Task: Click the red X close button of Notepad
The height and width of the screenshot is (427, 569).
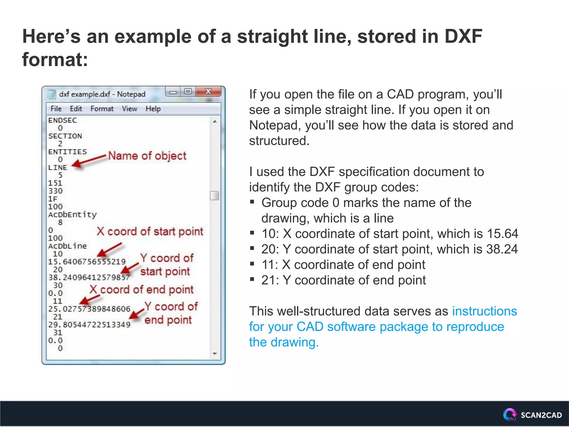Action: point(208,91)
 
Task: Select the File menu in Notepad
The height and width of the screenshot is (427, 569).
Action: point(56,109)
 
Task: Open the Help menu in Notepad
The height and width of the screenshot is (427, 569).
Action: point(153,109)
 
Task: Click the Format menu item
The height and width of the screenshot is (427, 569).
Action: point(102,109)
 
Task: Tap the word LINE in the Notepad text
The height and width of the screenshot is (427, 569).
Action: point(58,168)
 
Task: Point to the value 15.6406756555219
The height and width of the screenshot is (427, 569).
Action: point(87,262)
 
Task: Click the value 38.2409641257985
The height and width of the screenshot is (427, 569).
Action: point(89,277)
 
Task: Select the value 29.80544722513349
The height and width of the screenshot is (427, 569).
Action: point(89,325)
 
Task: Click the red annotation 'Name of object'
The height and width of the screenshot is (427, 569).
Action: point(147,156)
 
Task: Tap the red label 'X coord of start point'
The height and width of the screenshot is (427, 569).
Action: point(150,232)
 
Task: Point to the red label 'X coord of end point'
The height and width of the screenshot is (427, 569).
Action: point(141,290)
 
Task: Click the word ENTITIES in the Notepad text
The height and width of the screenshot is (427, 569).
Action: point(68,152)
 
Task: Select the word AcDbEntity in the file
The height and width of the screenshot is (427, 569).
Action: point(72,215)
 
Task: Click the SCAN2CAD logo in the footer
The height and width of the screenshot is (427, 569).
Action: point(532,415)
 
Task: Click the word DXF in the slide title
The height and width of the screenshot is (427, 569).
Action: point(463,36)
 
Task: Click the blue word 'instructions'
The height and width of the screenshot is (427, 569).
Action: point(485,311)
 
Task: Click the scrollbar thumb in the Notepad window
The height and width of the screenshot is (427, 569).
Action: point(214,196)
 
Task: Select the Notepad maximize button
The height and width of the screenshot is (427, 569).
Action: point(188,91)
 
